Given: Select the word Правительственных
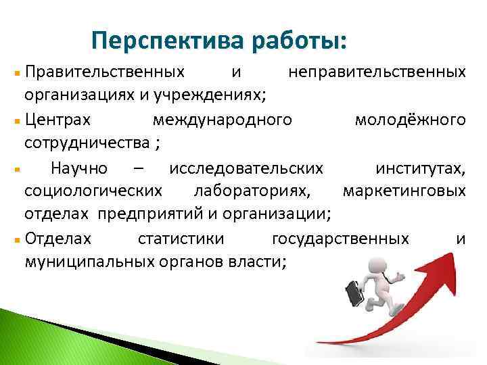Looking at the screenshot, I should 103,71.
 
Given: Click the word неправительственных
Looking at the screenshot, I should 377,71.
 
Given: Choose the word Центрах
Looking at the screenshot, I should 55,120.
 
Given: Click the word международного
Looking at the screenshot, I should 223,120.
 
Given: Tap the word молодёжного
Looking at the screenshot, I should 410,120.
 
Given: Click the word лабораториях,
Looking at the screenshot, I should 252,191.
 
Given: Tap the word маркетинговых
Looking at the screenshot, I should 404,191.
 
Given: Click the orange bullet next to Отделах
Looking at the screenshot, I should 16,240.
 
